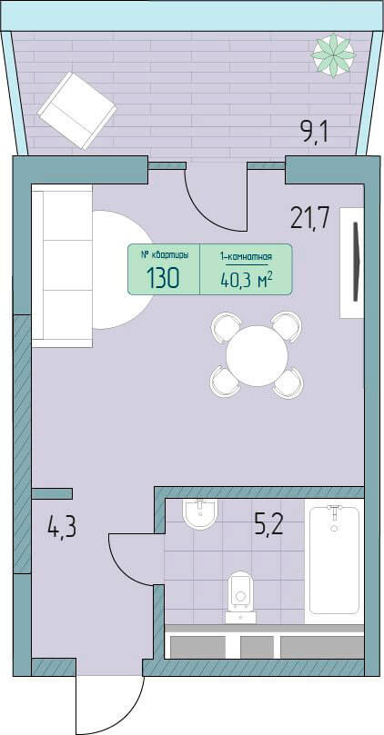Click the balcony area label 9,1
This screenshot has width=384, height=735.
tap(314, 131)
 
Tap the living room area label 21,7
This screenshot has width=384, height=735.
tap(309, 217)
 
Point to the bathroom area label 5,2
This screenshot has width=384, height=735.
tap(268, 525)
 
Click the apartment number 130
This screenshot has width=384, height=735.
tap(163, 278)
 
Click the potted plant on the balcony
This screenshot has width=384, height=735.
tap(333, 55)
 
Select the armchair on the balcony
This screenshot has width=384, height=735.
tap(77, 111)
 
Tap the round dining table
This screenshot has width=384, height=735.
tap(257, 356)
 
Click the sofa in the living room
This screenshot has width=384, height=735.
tap(62, 266)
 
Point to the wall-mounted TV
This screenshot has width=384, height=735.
tap(357, 262)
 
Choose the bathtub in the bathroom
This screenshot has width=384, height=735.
tap(334, 561)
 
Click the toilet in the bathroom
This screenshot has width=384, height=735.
tap(240, 597)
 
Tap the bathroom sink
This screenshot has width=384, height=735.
tap(200, 515)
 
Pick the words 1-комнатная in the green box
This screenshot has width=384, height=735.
tap(247, 256)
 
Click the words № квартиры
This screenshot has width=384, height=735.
tap(166, 255)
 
